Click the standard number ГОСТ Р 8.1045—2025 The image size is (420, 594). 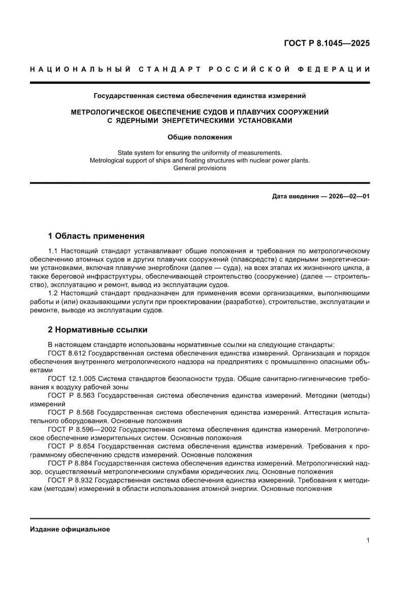tap(327, 43)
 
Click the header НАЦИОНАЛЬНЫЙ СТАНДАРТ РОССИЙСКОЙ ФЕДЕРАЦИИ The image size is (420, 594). tap(200, 69)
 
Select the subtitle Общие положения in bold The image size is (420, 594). tap(200, 137)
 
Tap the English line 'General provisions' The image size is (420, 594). tap(200, 168)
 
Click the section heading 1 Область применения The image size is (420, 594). tap(96, 236)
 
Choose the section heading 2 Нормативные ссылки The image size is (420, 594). tap(98, 330)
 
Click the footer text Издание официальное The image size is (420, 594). tap(70, 529)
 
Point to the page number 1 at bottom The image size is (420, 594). tap(367, 541)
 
